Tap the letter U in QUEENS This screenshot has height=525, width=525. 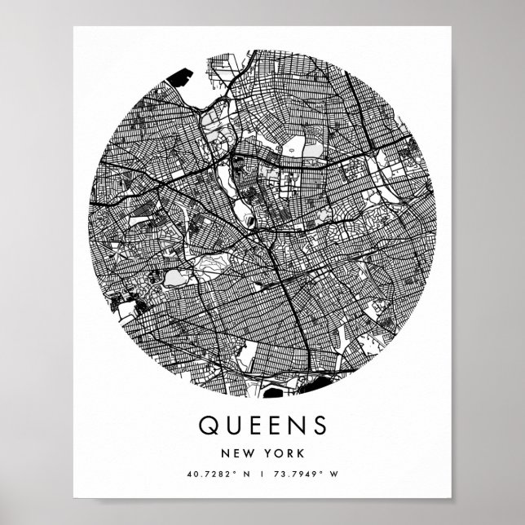click(230, 426)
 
